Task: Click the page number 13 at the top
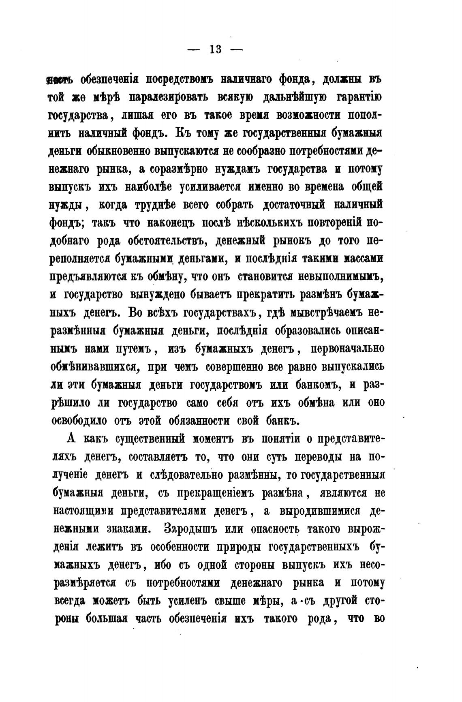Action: pos(215,49)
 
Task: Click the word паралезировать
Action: pos(169,98)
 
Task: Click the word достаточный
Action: pos(294,205)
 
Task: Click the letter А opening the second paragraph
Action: pos(69,439)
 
